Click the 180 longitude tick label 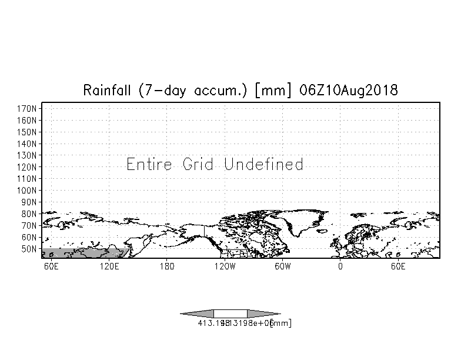[167, 267]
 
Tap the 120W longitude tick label [224, 267]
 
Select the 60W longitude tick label [282, 267]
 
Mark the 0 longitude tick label [340, 267]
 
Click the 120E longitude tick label [109, 267]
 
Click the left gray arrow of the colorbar [197, 314]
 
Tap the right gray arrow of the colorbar [263, 314]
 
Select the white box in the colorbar [230, 314]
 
